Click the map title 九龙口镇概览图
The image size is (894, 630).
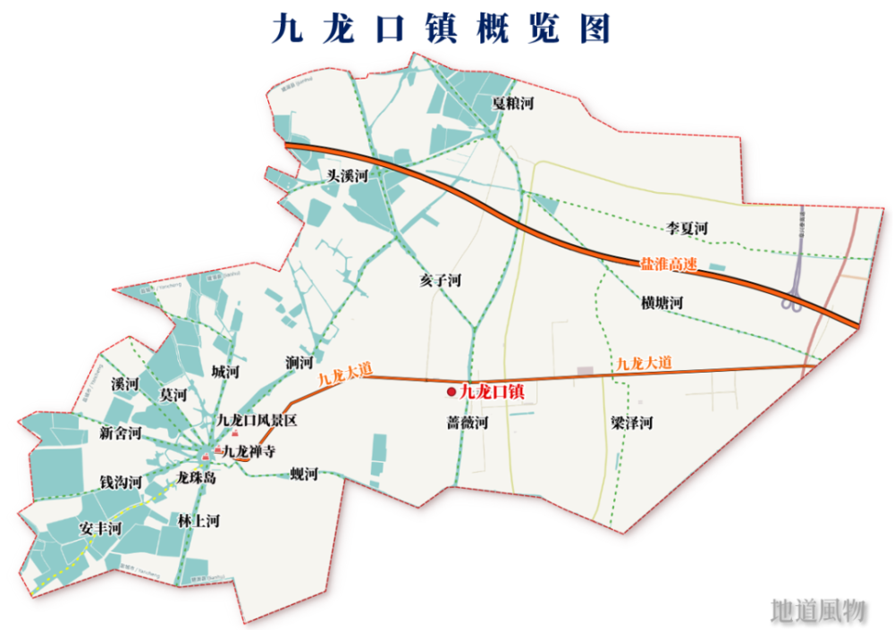442,29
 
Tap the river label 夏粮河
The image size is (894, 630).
512,104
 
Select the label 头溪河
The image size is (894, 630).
348,176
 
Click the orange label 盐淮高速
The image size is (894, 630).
668,265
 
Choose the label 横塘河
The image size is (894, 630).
662,303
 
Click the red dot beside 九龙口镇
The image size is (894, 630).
451,392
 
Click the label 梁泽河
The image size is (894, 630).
631,422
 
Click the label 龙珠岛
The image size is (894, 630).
197,477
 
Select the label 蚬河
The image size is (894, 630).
304,475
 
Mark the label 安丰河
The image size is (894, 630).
100,528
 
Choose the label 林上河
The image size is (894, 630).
198,520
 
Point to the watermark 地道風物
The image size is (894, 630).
818,609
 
